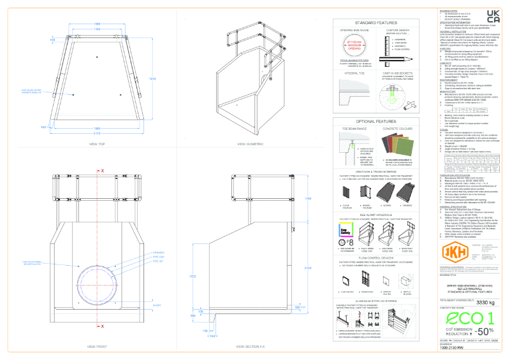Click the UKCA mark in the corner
(493, 16)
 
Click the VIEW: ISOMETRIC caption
(250, 162)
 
